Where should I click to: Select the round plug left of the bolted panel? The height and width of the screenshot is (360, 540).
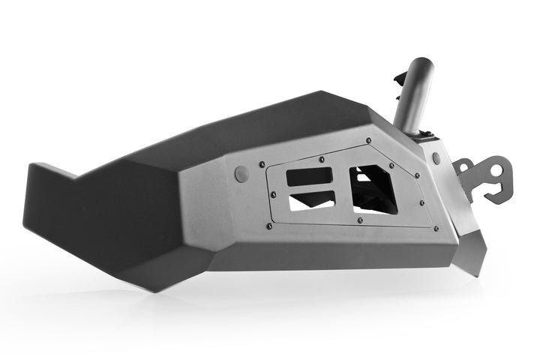click(241, 174)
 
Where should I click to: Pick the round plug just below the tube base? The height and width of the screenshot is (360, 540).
click(436, 158)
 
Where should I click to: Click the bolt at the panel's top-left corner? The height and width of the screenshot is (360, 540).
click(262, 164)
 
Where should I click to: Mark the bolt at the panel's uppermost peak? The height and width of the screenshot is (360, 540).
click(368, 140)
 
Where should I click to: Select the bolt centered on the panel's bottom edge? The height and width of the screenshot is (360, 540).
click(359, 220)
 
